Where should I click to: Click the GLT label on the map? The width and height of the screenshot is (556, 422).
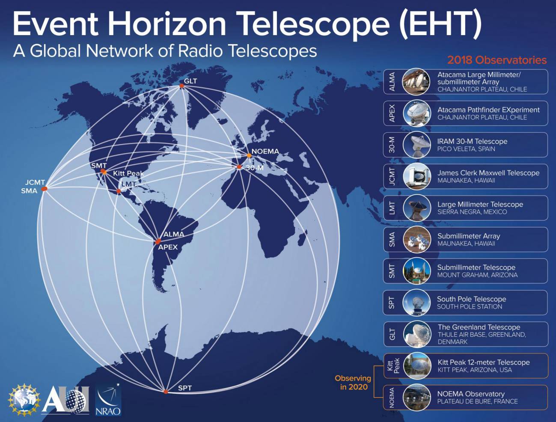[190, 81]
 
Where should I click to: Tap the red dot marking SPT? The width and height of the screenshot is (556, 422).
[166, 392]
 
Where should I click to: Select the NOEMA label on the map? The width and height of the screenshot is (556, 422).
[265, 151]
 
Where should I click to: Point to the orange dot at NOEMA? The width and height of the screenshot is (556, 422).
[249, 155]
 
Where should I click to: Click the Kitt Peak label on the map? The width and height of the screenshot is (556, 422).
[128, 173]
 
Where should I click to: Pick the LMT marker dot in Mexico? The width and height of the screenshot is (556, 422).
[119, 191]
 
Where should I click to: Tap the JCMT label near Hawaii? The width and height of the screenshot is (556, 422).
[35, 182]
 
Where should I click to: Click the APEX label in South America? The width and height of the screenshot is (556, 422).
[168, 247]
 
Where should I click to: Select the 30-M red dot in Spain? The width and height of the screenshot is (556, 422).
[239, 167]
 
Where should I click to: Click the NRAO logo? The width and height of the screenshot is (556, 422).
[108, 400]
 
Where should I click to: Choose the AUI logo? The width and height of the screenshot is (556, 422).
[66, 400]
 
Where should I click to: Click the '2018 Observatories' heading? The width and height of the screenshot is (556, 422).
[497, 60]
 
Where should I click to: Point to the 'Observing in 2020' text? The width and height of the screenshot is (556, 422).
[353, 383]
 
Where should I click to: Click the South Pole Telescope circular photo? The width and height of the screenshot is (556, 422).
[417, 303]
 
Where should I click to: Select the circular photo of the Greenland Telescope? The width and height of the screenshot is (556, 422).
[417, 334]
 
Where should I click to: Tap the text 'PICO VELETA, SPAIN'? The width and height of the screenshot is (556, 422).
[466, 149]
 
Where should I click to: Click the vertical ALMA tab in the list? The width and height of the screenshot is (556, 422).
[392, 82]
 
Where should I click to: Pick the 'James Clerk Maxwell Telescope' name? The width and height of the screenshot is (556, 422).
[488, 173]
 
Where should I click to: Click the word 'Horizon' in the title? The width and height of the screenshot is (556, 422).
[167, 24]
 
